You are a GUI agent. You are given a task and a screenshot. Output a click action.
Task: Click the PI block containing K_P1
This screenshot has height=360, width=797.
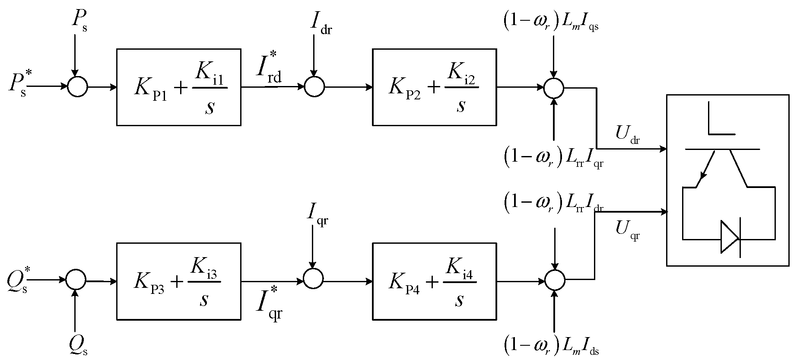[x=178, y=87]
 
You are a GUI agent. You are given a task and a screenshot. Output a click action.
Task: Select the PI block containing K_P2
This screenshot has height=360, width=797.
[x=434, y=87]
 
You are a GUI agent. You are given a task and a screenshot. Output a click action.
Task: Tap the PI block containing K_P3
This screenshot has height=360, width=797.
[x=178, y=281]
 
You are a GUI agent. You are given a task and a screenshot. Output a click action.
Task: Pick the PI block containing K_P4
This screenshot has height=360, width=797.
[x=434, y=281]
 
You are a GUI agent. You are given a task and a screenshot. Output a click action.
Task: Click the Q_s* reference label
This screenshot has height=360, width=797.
[x=18, y=280]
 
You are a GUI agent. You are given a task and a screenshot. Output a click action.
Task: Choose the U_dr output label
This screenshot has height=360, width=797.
[x=628, y=135]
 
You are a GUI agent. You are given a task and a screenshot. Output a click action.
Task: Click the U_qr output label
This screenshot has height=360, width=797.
[x=627, y=230]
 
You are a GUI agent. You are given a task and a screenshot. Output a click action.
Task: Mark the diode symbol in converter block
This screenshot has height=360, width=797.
[x=730, y=237]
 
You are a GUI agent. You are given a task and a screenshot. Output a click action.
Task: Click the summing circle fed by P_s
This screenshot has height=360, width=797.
[x=78, y=87]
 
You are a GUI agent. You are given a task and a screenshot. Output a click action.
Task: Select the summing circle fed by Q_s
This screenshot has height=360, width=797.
[x=76, y=280]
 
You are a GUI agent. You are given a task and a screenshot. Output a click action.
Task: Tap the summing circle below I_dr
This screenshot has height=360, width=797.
[x=314, y=87]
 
